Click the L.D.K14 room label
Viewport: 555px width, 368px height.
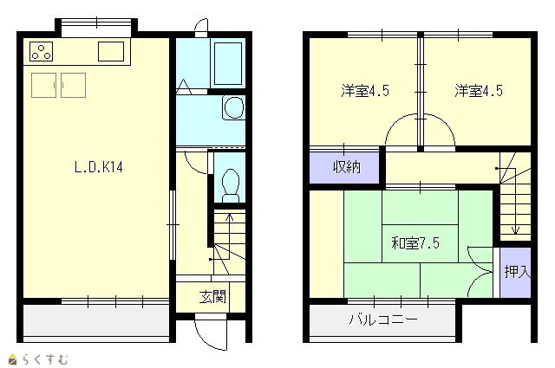point(99,167)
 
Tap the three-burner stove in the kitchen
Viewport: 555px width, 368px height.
point(42,52)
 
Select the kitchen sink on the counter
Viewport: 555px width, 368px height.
point(111,51)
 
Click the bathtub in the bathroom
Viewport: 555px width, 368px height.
point(228,63)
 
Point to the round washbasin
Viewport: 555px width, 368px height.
point(234,107)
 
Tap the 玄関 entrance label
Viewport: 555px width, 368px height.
point(212,297)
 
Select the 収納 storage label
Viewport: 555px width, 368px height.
point(347,167)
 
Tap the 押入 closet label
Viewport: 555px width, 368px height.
point(517,272)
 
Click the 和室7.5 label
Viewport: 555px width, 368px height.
point(415,243)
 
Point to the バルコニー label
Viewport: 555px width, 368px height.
point(383,320)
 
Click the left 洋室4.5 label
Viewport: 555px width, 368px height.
point(365,91)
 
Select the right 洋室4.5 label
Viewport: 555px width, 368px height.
point(479,91)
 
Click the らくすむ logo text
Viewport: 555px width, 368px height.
point(45,359)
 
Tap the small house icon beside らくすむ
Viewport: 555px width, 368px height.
point(13,358)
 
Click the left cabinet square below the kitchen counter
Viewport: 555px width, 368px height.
point(43,85)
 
